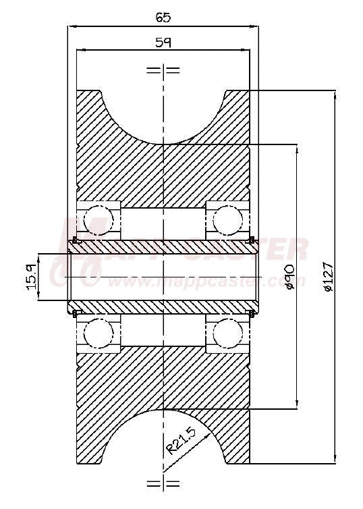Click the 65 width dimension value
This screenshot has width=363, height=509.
tap(163, 17)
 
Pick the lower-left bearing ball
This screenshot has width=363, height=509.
tap(99, 333)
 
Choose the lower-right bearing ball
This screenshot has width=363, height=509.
tap(227, 333)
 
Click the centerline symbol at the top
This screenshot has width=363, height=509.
tap(163, 70)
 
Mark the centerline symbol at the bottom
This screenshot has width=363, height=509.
tap(163, 483)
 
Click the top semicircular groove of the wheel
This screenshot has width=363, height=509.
tap(163, 115)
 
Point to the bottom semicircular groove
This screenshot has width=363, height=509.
tap(163, 439)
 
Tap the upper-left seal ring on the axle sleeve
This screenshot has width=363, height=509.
tap(75, 240)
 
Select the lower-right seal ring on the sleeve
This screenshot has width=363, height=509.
tap(252, 313)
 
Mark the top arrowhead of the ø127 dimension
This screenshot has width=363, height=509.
tap(335, 93)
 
